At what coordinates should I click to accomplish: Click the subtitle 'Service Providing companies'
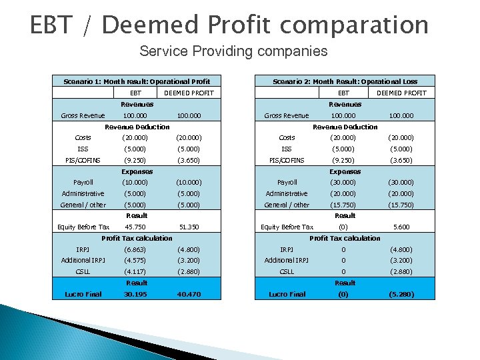pyautogui.click(x=233, y=51)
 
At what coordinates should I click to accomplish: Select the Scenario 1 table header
pyautogui.click(x=137, y=81)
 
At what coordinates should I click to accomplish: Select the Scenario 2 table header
pyautogui.click(x=345, y=81)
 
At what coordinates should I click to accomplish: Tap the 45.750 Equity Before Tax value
pyautogui.click(x=136, y=227)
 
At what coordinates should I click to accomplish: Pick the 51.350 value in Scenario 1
pyautogui.click(x=189, y=227)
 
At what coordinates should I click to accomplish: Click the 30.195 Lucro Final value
pyautogui.click(x=136, y=294)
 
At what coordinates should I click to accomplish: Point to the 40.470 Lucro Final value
pyautogui.click(x=189, y=294)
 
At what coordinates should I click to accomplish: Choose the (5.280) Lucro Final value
pyautogui.click(x=400, y=294)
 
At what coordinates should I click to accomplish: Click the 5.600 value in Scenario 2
pyautogui.click(x=400, y=227)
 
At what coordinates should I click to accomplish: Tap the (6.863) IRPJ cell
pyautogui.click(x=135, y=249)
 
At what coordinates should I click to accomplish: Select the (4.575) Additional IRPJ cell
pyautogui.click(x=135, y=261)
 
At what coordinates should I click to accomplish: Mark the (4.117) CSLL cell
pyautogui.click(x=135, y=272)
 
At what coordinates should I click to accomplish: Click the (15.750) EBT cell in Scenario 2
pyautogui.click(x=344, y=205)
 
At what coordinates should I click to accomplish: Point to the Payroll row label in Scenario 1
pyautogui.click(x=83, y=182)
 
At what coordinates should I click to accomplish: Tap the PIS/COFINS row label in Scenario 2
pyautogui.click(x=287, y=160)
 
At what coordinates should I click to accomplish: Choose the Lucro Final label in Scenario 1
pyautogui.click(x=83, y=294)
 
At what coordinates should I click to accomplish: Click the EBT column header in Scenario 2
pyautogui.click(x=343, y=93)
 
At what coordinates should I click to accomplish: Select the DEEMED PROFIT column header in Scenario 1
pyautogui.click(x=189, y=93)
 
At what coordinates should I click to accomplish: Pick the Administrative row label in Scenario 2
pyautogui.click(x=287, y=193)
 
